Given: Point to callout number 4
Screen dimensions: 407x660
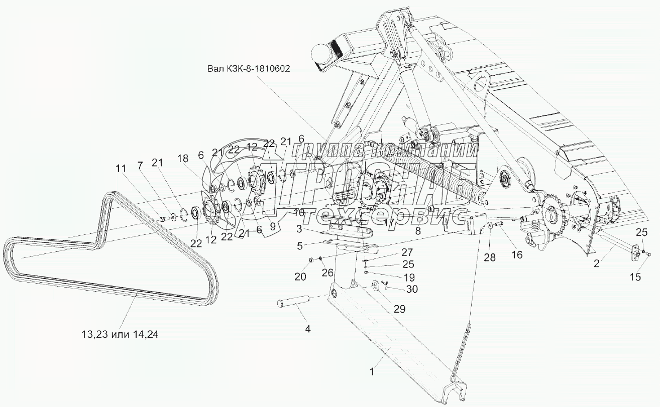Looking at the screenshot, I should click(308, 329).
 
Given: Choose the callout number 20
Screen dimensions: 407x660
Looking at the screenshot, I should click(300, 276).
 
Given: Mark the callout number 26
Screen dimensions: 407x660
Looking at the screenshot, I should click(328, 273).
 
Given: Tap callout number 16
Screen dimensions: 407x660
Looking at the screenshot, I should click(516, 254).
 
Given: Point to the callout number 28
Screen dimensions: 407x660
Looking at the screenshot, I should click(489, 258).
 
